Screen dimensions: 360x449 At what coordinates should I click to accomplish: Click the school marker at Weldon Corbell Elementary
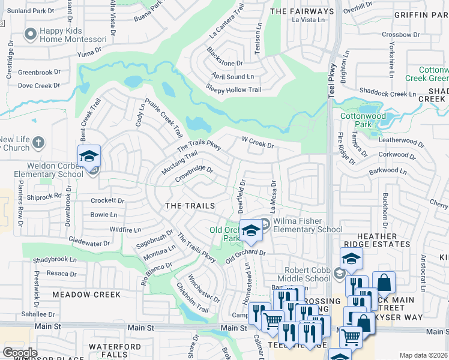point(89,157)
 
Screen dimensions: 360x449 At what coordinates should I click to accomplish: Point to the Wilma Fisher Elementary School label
point(307,225)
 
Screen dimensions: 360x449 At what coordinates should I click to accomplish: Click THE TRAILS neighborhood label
point(190,206)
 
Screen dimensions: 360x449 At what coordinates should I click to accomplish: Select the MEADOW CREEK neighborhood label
point(86,295)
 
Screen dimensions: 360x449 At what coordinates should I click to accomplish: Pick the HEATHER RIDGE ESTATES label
point(375,241)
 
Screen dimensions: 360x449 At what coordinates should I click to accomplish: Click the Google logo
point(20,353)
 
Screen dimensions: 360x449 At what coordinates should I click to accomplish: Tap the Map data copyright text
point(424,355)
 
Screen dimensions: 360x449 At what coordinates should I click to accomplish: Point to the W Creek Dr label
point(258,145)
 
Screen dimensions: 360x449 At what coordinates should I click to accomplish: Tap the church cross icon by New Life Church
point(38,143)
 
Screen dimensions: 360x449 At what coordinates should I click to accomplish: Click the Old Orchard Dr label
point(246,257)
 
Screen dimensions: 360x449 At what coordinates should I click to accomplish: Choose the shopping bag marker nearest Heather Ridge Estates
point(384,283)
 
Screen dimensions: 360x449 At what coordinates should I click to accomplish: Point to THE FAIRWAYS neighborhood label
point(302,11)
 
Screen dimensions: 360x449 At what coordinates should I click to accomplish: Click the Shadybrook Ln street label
point(55,260)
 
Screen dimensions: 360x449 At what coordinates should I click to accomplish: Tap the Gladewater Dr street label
point(89,244)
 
